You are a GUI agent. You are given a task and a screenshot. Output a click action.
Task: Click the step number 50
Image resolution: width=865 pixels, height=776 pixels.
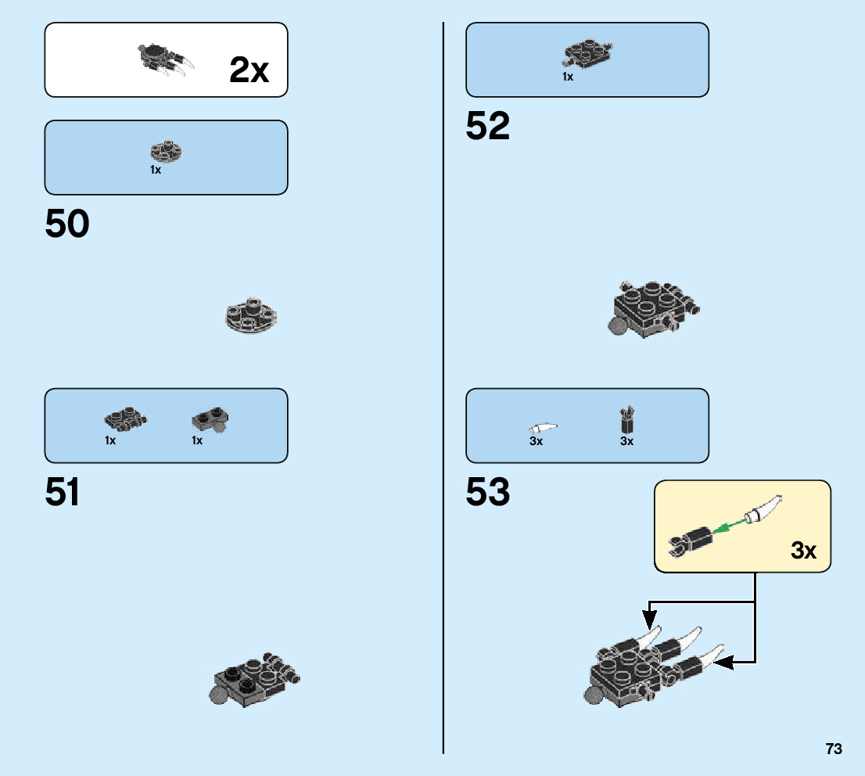67,225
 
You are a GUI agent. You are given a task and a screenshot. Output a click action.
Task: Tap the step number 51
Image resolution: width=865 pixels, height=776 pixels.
63,493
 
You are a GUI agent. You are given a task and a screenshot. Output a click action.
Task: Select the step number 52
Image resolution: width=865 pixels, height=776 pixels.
487,126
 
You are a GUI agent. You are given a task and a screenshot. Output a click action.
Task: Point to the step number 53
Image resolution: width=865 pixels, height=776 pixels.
487,493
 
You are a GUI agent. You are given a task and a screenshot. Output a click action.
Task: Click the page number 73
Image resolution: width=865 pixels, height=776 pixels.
833,749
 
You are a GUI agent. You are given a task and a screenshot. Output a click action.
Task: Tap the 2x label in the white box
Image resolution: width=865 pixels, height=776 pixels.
249,71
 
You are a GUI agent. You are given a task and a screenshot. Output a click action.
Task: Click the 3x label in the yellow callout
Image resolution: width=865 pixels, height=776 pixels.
803,551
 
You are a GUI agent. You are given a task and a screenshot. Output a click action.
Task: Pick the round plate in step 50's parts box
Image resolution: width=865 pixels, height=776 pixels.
166,150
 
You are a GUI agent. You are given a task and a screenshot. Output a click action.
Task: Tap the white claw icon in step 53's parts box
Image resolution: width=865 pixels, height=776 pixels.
544,428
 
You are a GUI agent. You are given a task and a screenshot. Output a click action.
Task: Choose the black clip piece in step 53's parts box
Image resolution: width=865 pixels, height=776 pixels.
626,420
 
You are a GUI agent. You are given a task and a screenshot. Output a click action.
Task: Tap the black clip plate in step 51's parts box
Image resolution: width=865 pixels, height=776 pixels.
124,421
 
